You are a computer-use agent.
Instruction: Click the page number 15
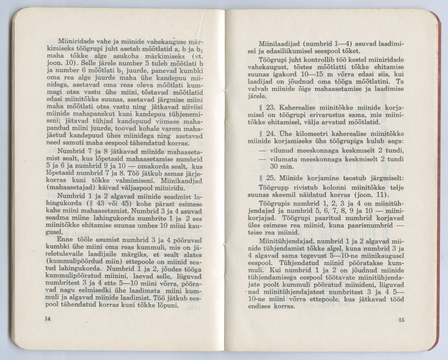(x=401, y=319)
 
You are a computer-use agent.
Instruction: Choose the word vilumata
(x=282, y=159)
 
